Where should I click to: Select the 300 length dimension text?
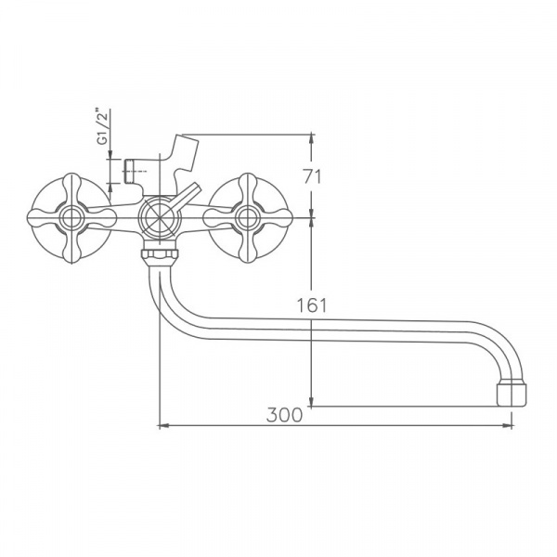(x=284, y=415)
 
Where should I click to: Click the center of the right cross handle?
(x=247, y=219)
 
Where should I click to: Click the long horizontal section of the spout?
(x=353, y=330)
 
